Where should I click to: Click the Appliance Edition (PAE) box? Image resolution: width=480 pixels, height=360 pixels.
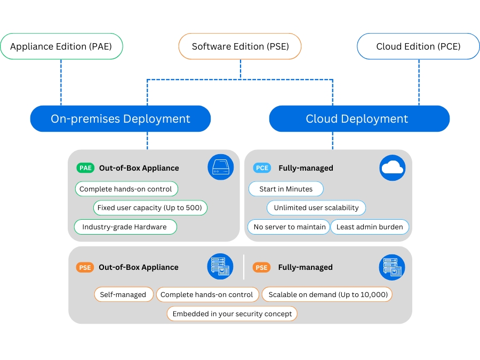pyautogui.click(x=61, y=46)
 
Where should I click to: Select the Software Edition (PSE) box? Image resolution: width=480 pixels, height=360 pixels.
pyautogui.click(x=240, y=46)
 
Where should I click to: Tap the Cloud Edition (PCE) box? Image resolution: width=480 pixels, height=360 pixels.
pyautogui.click(x=418, y=46)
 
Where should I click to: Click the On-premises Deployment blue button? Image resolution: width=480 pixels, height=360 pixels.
pyautogui.click(x=121, y=118)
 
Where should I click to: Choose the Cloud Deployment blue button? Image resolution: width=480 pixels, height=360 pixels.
pyautogui.click(x=359, y=118)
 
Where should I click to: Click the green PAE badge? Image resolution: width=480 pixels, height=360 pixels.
pyautogui.click(x=85, y=168)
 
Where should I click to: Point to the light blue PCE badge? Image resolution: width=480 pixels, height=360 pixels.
pyautogui.click(x=262, y=168)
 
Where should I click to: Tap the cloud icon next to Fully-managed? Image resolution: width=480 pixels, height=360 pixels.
pyautogui.click(x=392, y=167)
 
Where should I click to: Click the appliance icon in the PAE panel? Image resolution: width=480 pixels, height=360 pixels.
pyautogui.click(x=220, y=167)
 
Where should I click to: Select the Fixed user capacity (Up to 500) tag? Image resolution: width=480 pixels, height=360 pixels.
pyautogui.click(x=150, y=207)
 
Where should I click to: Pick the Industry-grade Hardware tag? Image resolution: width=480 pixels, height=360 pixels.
pyautogui.click(x=125, y=227)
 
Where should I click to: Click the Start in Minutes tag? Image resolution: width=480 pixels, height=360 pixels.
pyautogui.click(x=286, y=189)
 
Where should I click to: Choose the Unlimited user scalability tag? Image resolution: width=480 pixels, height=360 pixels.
pyautogui.click(x=316, y=207)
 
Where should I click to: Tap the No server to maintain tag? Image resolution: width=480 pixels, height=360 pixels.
pyautogui.click(x=289, y=227)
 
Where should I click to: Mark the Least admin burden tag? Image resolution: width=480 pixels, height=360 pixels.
pyautogui.click(x=370, y=227)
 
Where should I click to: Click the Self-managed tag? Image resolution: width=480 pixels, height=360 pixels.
pyautogui.click(x=123, y=294)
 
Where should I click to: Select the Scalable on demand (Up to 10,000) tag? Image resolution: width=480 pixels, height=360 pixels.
pyautogui.click(x=327, y=294)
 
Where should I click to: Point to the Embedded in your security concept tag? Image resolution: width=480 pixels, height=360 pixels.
pyautogui.click(x=232, y=314)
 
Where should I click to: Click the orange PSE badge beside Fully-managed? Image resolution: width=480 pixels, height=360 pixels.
pyautogui.click(x=261, y=267)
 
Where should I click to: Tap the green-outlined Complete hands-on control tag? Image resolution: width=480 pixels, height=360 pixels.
pyautogui.click(x=126, y=189)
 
